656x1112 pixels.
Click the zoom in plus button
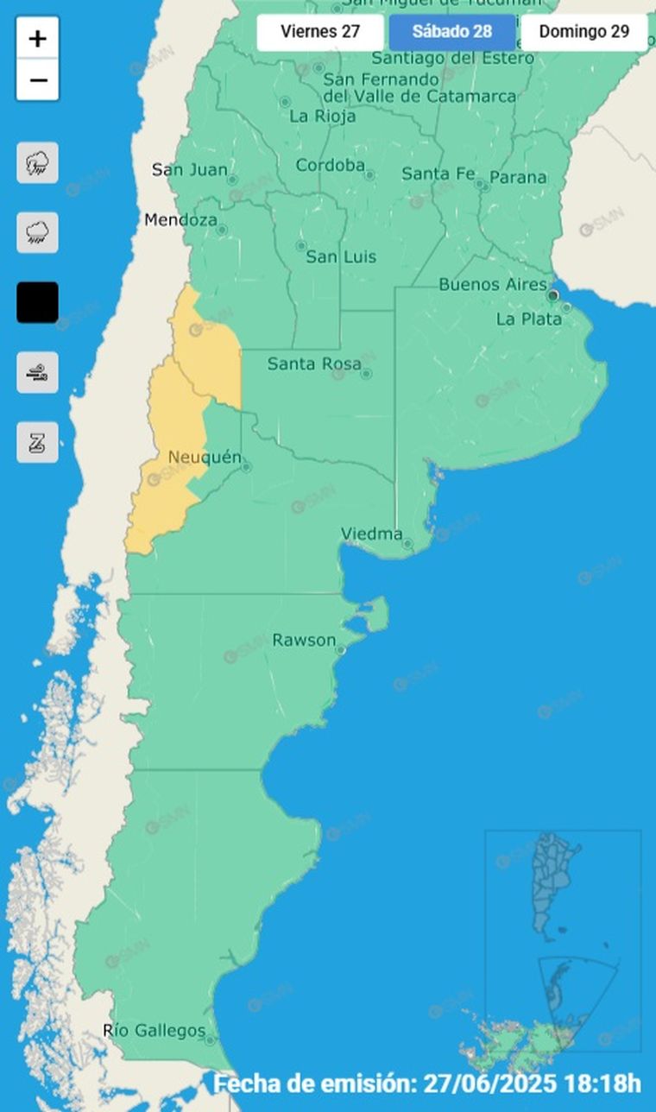[37, 39]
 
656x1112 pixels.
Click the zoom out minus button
[37, 81]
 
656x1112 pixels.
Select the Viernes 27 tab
[319, 33]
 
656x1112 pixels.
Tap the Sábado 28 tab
[451, 33]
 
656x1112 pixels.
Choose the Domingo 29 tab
[583, 33]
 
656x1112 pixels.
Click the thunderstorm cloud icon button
[37, 163]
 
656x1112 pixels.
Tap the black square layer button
[37, 302]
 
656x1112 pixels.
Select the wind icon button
[37, 373]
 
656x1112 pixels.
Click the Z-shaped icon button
[37, 443]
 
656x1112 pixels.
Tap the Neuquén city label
[205, 457]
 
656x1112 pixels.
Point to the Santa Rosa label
[313, 363]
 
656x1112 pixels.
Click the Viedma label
[371, 534]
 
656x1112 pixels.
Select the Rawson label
[304, 640]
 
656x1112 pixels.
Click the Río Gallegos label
[154, 1030]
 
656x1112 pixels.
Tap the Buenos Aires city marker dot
[552, 296]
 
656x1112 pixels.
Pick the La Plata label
[528, 319]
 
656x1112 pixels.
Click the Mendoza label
[180, 220]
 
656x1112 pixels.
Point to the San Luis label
[334, 256]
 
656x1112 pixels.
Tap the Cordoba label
[330, 165]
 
